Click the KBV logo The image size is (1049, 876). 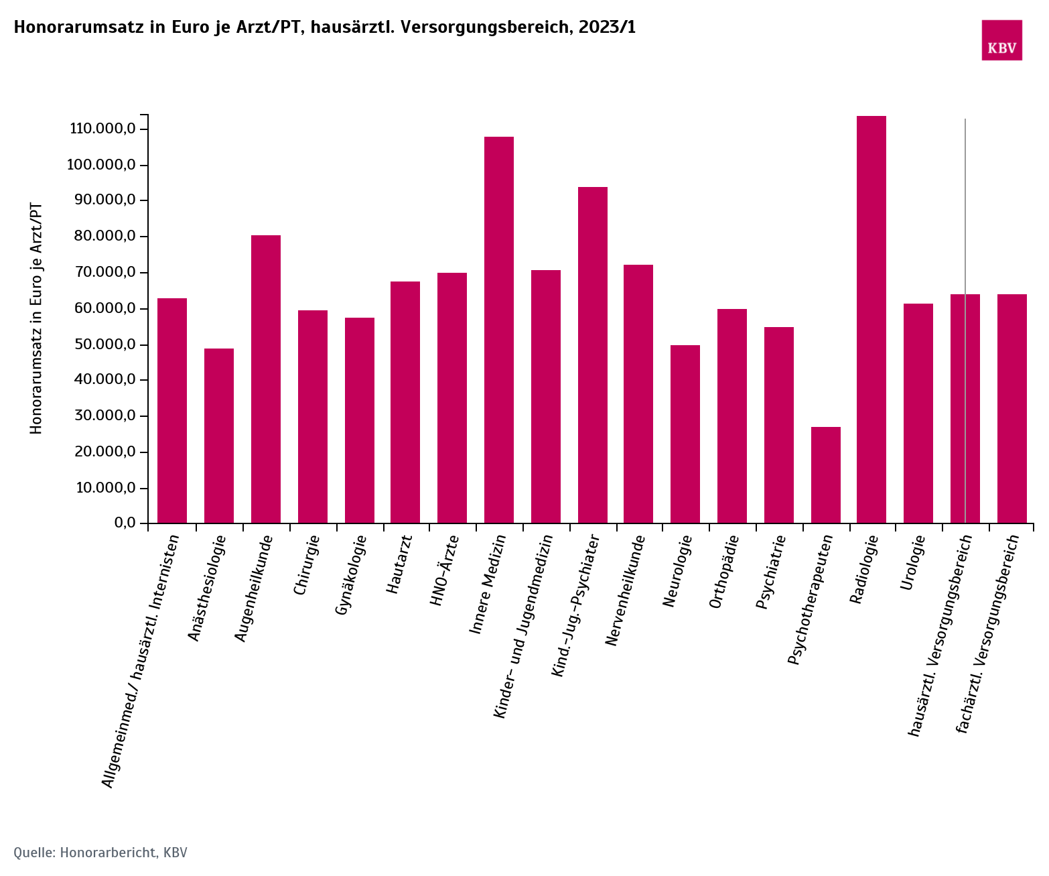click(1001, 40)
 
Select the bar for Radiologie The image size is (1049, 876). click(871, 320)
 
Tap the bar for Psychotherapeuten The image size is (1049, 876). click(825, 475)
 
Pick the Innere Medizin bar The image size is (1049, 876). click(499, 330)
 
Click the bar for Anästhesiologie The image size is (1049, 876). click(219, 436)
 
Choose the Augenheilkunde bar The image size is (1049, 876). click(266, 379)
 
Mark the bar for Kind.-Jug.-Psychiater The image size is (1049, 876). click(593, 355)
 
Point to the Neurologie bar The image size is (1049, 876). click(685, 434)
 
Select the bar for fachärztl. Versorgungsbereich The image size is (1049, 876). click(1011, 409)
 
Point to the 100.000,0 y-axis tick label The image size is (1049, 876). click(102, 165)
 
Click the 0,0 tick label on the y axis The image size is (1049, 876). click(125, 523)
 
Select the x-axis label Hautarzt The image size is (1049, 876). click(399, 564)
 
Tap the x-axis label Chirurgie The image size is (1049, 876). click(305, 565)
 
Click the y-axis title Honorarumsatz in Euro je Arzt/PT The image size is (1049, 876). click(36, 318)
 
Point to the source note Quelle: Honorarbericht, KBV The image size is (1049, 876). click(100, 853)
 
